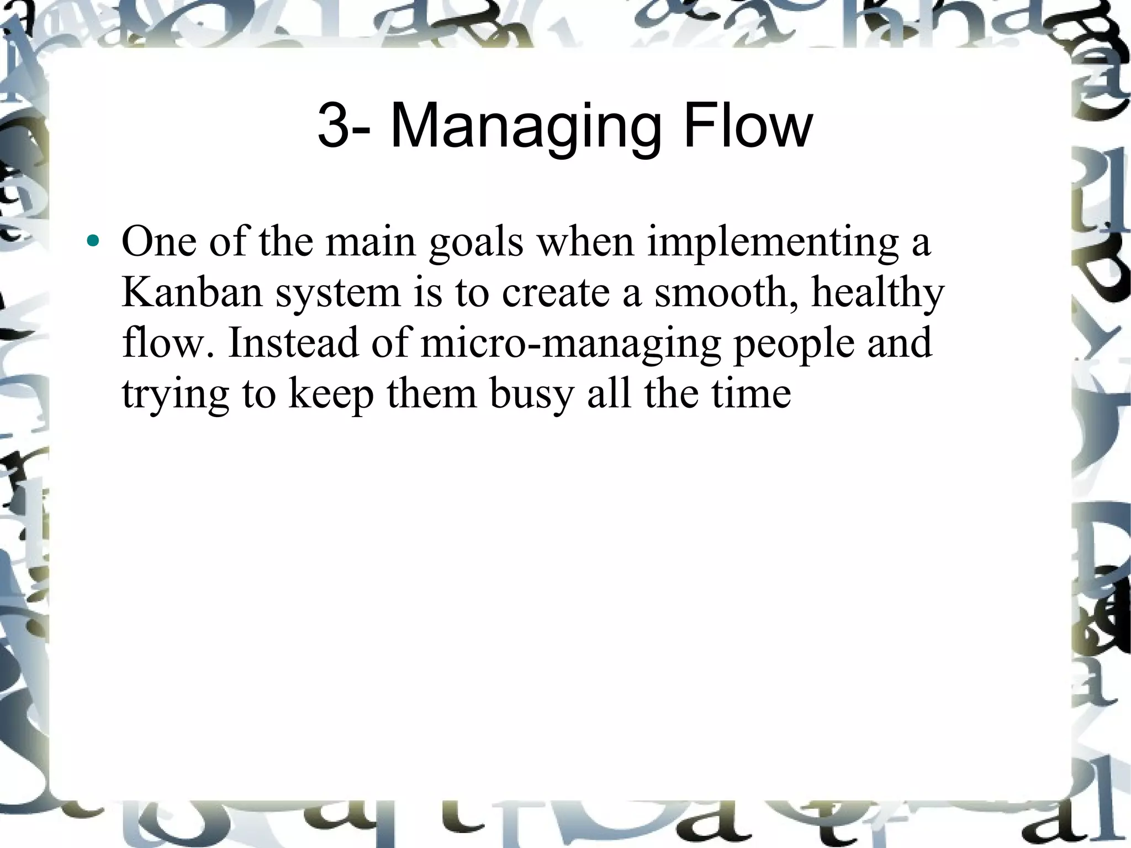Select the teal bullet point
93,241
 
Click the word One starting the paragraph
158,241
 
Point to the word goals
475,241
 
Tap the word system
338,292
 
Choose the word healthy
878,292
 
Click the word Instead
293,343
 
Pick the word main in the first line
370,241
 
